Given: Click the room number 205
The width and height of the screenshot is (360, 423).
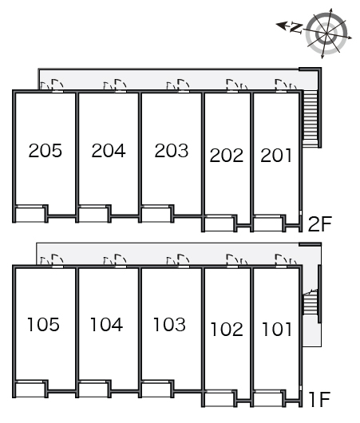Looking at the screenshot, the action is click(45, 150).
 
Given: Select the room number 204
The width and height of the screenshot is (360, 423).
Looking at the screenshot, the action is click(109, 150).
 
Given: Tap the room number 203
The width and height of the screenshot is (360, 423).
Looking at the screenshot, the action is click(172, 150).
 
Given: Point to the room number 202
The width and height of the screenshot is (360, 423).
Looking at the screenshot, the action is click(227, 156).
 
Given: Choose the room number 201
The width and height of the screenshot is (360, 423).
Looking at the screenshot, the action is click(276, 156).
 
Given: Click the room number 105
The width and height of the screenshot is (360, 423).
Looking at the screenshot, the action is click(43, 324).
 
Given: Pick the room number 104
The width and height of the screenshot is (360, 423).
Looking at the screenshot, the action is click(106, 324).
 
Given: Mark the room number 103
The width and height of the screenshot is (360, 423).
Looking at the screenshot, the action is click(169, 324).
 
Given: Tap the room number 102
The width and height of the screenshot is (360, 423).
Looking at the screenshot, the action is click(227, 330).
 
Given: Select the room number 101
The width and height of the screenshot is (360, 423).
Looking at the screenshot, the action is click(277, 330).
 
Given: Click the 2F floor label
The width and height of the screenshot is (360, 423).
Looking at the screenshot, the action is click(319, 224).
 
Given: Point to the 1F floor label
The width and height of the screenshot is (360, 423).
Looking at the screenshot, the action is click(320, 400).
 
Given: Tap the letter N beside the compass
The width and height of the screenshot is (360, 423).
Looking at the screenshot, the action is click(296, 28).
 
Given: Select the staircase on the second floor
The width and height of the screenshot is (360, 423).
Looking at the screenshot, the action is click(310, 118).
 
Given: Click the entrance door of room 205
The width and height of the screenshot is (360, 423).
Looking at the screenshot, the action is click(57, 85).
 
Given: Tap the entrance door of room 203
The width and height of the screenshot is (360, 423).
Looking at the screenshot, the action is click(184, 85).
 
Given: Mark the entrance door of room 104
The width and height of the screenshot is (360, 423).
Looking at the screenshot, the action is click(121, 260).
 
